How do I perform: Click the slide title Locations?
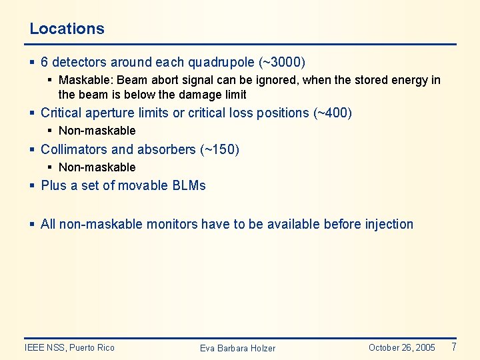67,29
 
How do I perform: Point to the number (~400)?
332,113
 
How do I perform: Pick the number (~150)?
219,149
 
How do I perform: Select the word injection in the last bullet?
389,224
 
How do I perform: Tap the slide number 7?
453,347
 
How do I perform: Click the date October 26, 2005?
401,347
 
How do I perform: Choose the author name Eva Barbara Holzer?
237,348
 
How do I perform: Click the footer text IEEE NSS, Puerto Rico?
69,347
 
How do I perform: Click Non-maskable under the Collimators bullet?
97,167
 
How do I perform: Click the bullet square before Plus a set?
33,185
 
